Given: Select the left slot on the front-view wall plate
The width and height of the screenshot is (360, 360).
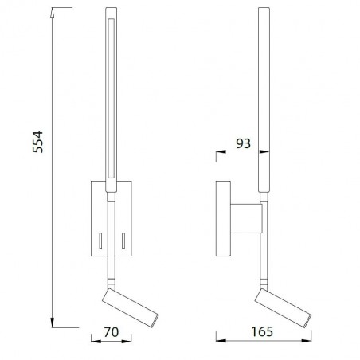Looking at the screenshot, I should (101, 239).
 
